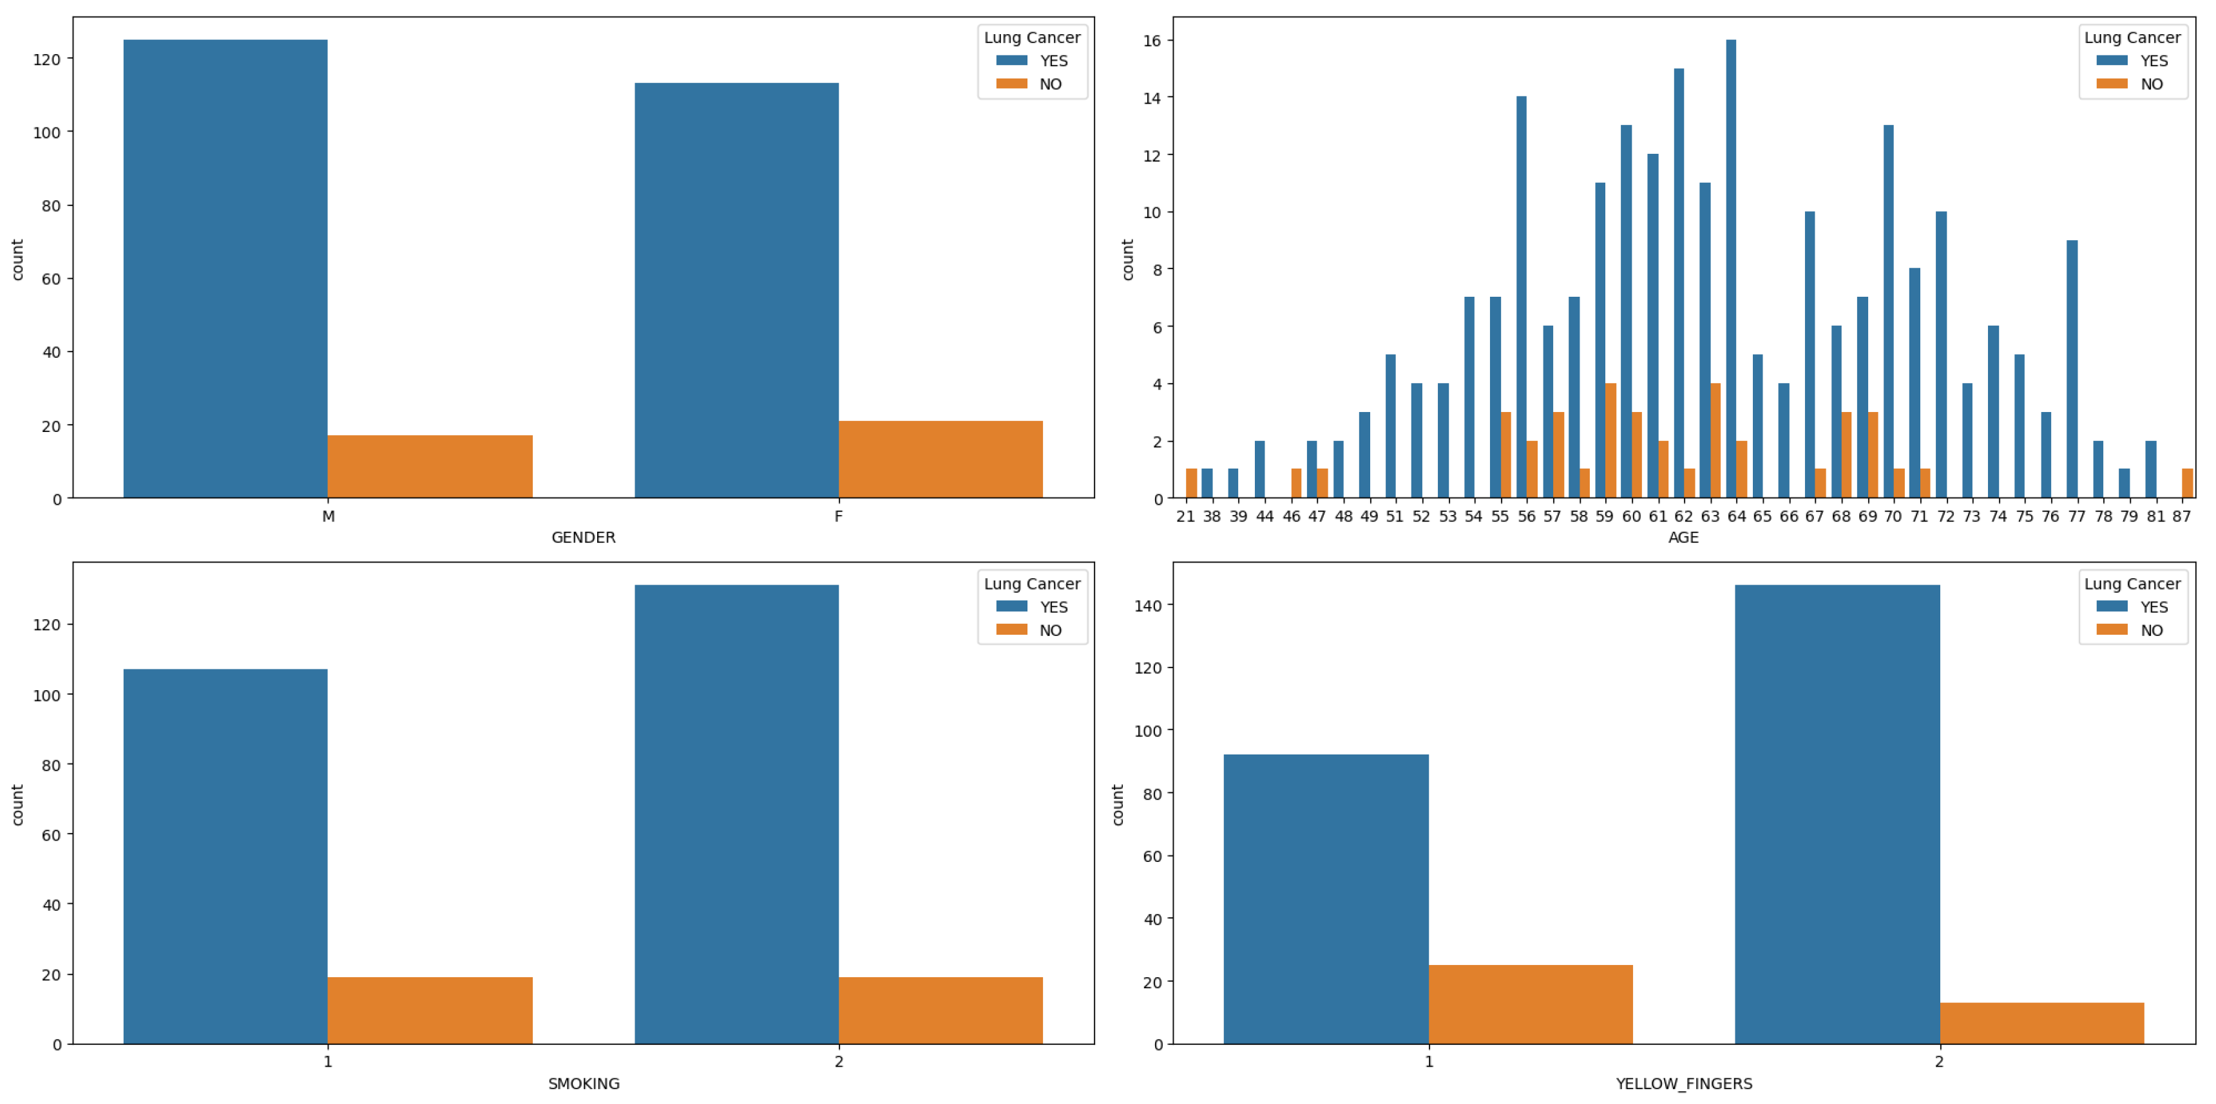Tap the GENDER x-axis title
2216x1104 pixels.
(583, 538)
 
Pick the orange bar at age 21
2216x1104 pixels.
(1192, 483)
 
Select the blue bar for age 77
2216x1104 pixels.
(2072, 370)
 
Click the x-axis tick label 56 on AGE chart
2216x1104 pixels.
(1526, 517)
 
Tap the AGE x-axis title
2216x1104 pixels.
(1683, 538)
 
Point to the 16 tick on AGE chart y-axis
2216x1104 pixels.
(1152, 41)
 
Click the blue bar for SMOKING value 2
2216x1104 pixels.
(736, 814)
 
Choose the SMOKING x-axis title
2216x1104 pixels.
(583, 1083)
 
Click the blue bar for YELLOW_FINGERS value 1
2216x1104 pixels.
(1326, 899)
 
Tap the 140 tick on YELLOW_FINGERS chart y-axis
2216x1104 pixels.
(1147, 605)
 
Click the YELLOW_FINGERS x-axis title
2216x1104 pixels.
(1683, 1083)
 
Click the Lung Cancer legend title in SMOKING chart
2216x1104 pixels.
(1031, 584)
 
